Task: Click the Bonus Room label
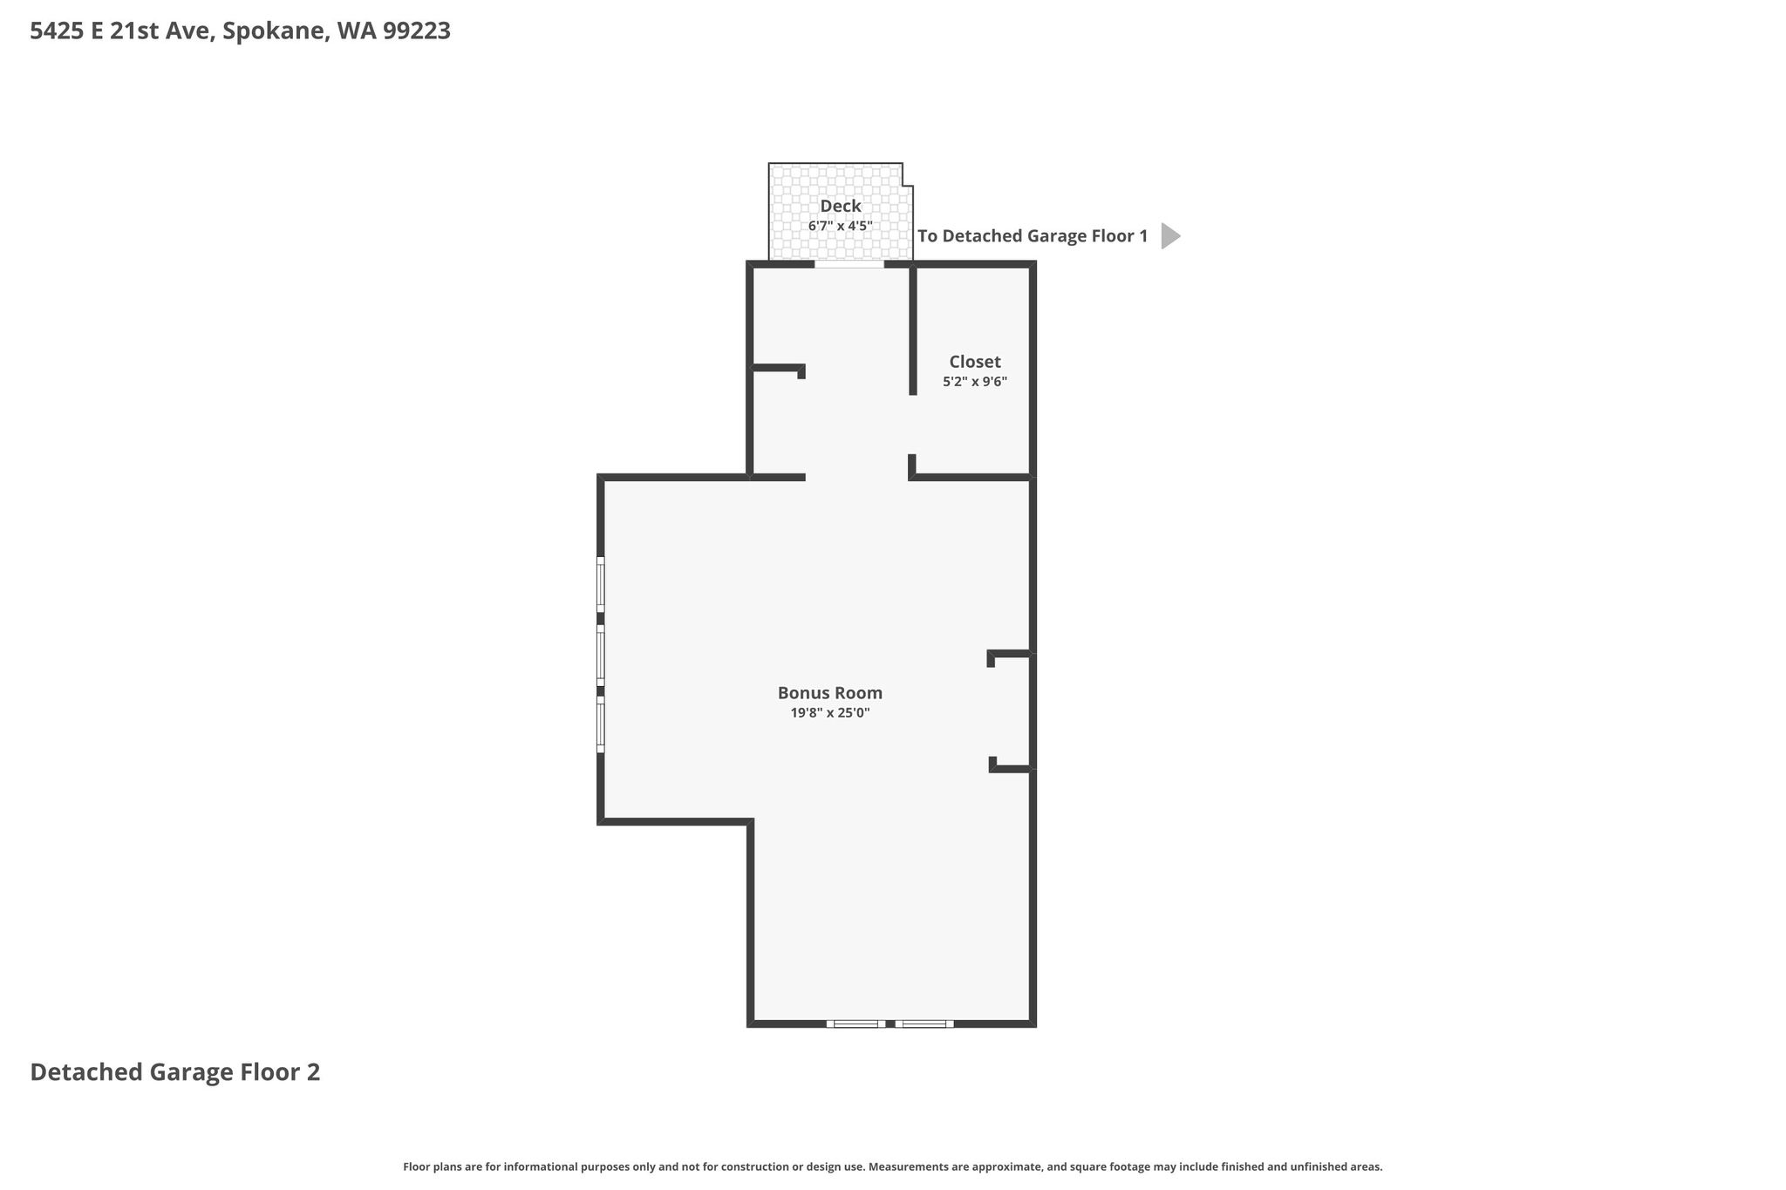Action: point(830,693)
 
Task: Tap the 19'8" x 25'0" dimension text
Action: point(830,713)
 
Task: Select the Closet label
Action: point(975,362)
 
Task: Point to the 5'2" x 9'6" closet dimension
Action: point(975,382)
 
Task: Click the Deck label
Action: point(841,207)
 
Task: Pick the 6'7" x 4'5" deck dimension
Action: point(841,226)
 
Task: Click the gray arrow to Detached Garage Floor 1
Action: point(1170,236)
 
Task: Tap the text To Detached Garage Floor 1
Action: point(1033,236)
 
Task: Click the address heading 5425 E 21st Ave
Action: point(121,31)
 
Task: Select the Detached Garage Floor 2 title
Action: point(175,1072)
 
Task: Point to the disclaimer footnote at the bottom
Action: point(893,1166)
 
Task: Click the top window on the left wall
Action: point(600,585)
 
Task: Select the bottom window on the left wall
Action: point(600,724)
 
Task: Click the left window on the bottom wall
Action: point(856,1023)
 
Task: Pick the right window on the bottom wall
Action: point(924,1023)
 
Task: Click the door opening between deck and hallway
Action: point(849,264)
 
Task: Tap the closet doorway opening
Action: point(912,425)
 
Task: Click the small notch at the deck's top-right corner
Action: point(907,174)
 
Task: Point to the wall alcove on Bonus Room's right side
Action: point(1012,711)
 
